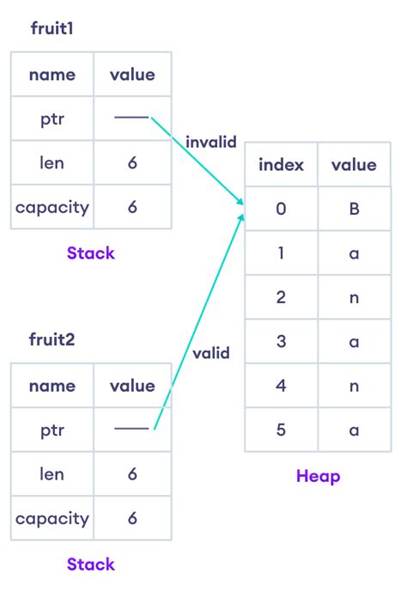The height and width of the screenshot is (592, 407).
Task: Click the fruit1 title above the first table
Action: [x=52, y=28]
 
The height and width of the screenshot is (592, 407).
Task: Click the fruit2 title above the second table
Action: [x=52, y=339]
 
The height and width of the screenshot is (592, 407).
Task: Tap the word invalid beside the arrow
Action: [x=210, y=143]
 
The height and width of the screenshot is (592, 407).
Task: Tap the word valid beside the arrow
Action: [x=211, y=352]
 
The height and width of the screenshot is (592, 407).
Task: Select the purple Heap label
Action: [x=318, y=476]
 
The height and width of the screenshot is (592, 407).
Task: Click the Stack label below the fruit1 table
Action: [x=90, y=253]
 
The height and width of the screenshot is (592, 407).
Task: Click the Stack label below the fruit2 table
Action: [x=90, y=565]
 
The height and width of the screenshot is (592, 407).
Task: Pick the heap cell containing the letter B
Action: [x=354, y=209]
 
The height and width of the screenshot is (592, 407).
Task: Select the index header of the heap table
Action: [x=281, y=164]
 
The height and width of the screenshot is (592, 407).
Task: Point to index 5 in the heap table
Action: [x=281, y=430]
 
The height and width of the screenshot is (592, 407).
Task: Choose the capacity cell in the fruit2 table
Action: [x=52, y=518]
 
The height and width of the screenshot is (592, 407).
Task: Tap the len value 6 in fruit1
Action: [x=132, y=162]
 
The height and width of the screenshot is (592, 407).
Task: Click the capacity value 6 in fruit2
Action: [x=132, y=518]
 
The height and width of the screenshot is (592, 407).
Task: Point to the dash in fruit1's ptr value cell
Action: [x=131, y=118]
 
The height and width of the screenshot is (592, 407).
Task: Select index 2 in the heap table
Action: [x=281, y=297]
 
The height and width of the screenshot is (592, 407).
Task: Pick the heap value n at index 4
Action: [x=354, y=386]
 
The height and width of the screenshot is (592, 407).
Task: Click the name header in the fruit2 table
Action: [x=52, y=386]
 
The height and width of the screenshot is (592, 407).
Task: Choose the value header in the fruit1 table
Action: [x=132, y=75]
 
